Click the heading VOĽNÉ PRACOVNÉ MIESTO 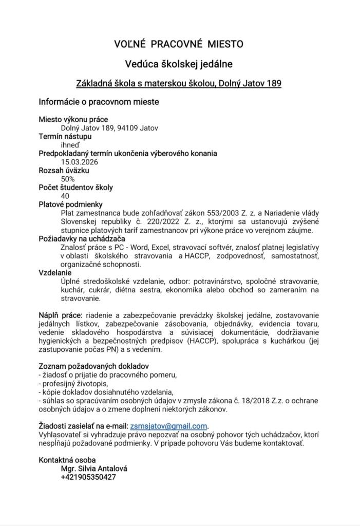179,45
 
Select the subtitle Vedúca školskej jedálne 179,64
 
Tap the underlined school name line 179,82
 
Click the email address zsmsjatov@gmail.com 168,426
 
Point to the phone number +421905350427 88,477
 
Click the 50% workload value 68,179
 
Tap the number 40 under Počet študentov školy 65,196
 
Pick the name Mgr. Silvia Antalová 94,468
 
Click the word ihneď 70,145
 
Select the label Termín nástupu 65,136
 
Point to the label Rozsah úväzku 65,170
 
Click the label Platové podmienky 71,204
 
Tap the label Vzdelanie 55,273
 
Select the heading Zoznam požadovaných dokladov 93,366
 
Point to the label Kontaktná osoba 67,460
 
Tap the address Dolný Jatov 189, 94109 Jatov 110,128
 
